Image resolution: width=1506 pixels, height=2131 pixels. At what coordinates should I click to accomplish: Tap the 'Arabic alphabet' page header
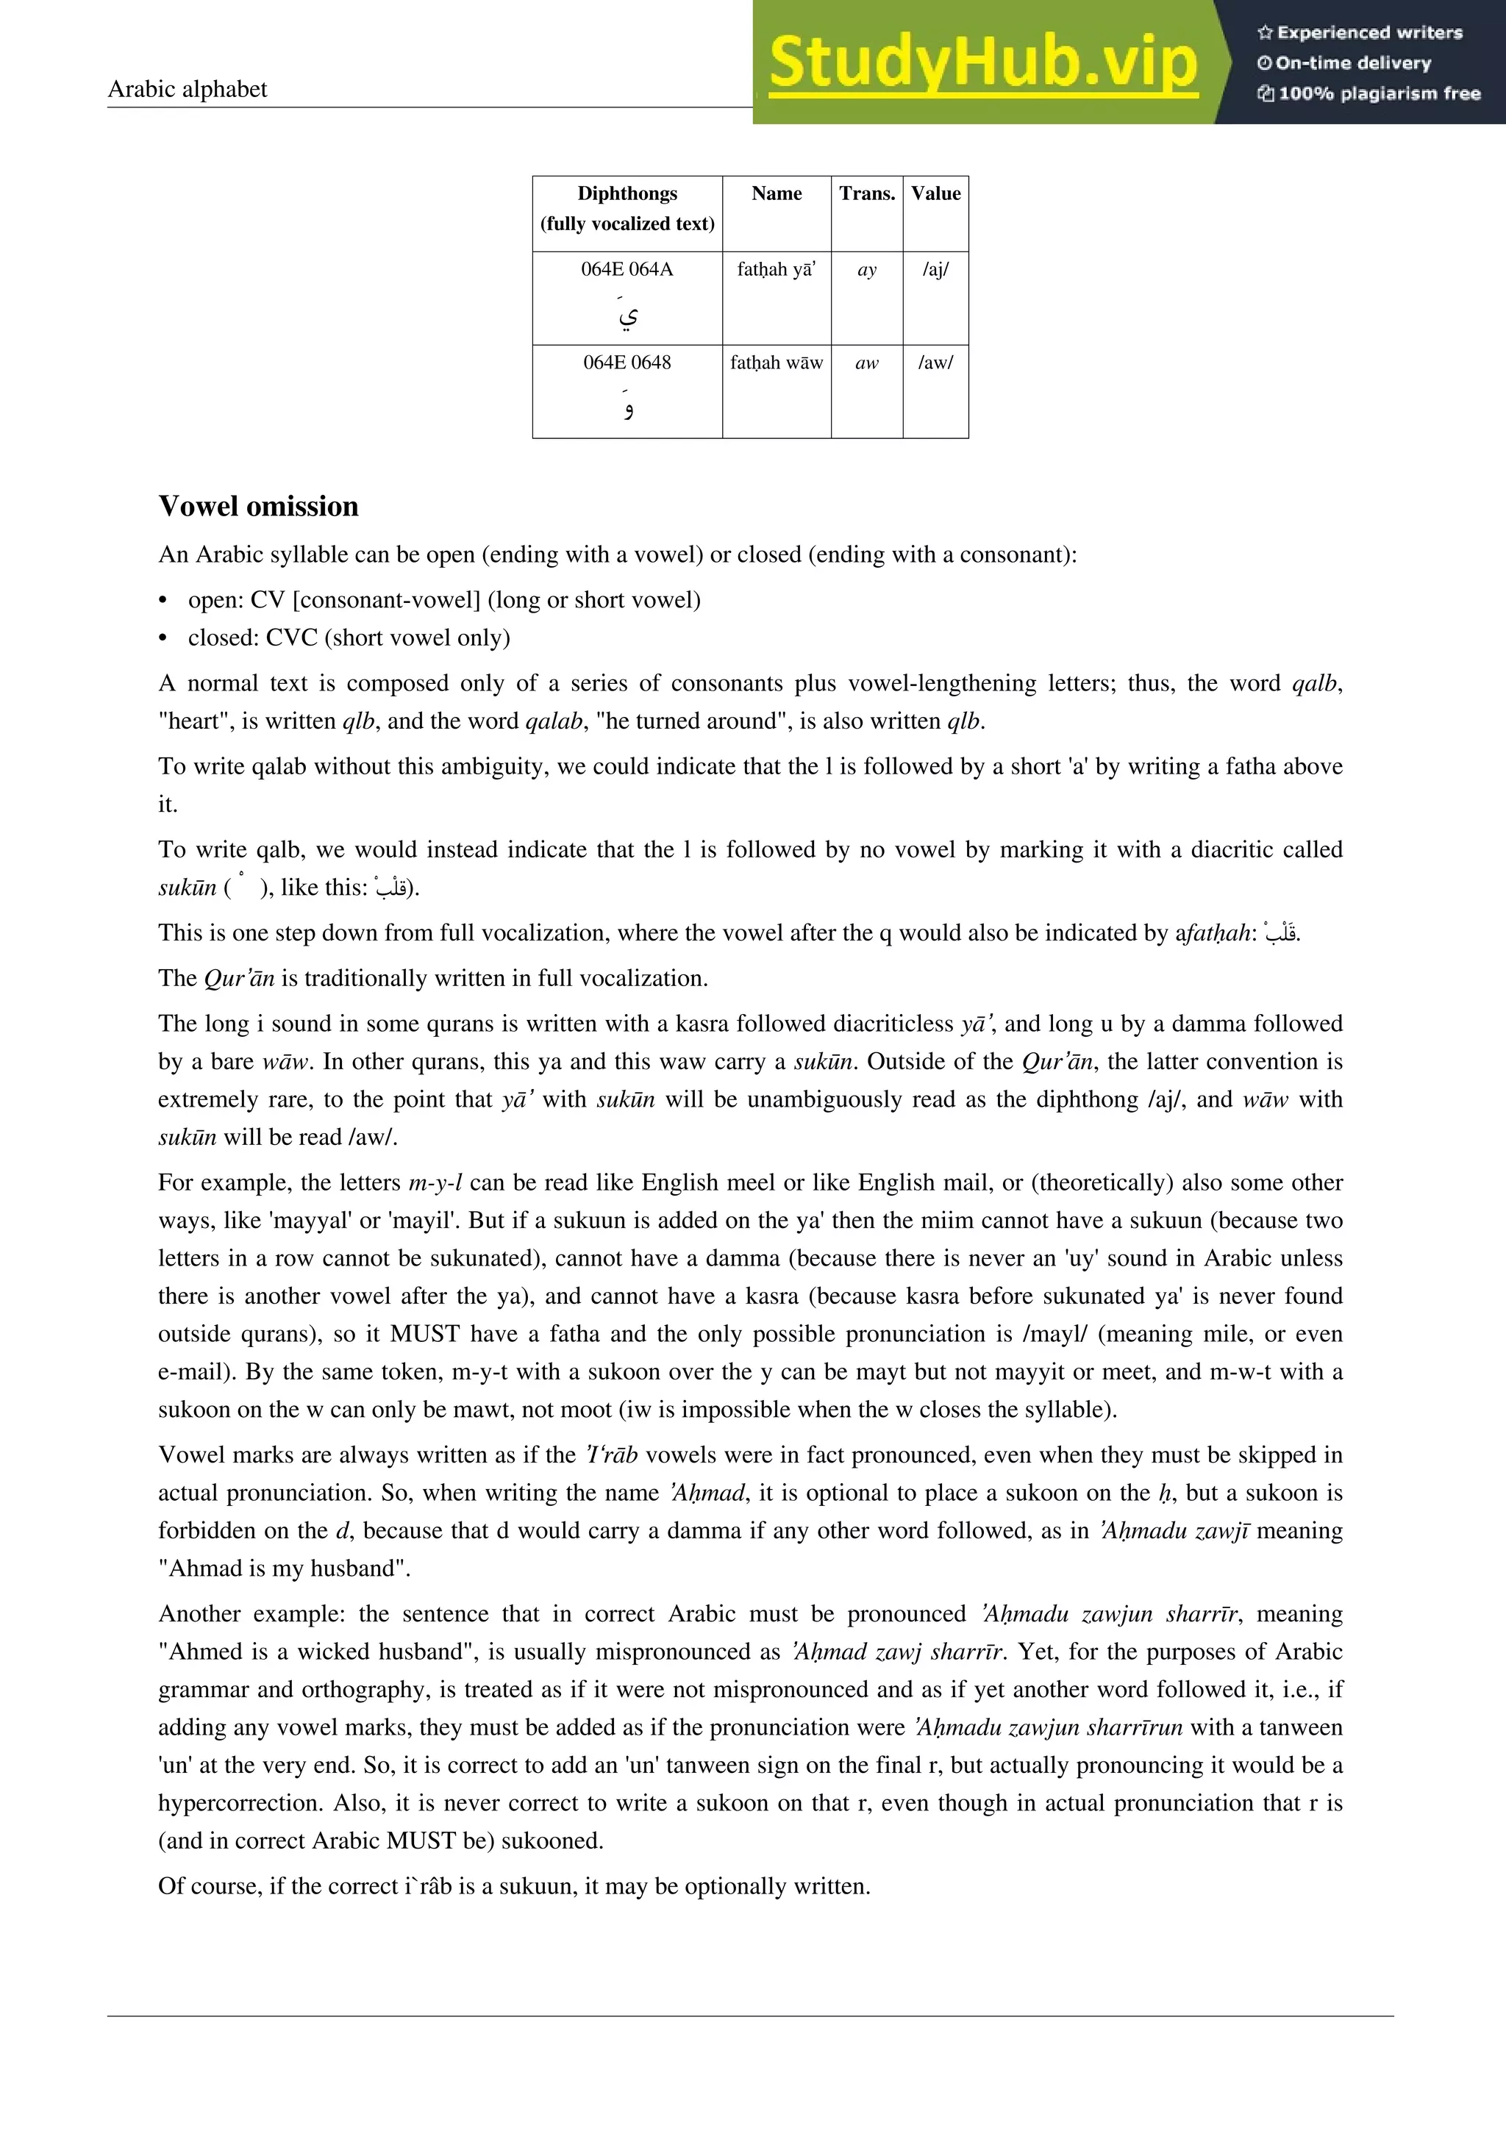click(188, 89)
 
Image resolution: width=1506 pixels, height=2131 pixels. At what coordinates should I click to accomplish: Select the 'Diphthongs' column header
click(627, 194)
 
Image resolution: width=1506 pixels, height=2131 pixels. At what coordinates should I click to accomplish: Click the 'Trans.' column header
click(867, 194)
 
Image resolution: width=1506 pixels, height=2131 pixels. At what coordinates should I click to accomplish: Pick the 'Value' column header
click(935, 194)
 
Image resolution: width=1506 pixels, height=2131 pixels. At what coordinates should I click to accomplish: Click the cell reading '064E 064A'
click(627, 269)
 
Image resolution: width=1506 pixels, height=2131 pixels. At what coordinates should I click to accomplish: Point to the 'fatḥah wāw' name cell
click(777, 363)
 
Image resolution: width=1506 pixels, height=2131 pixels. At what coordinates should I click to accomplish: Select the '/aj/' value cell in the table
click(935, 270)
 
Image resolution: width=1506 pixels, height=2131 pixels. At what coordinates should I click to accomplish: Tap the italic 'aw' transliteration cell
click(867, 363)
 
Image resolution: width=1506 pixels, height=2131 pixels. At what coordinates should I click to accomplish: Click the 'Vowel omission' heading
click(258, 506)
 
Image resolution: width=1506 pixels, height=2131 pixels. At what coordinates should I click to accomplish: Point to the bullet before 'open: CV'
click(164, 601)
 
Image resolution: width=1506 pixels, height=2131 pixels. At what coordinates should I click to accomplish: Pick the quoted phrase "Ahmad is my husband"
click(283, 1568)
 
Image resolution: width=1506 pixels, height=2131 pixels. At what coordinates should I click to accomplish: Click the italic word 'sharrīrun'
click(1135, 1727)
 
